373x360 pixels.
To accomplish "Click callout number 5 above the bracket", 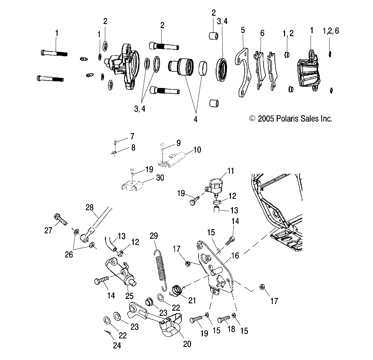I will click(x=243, y=30).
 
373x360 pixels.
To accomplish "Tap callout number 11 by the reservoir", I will click(x=230, y=171).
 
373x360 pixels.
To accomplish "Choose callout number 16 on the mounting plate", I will click(x=235, y=256).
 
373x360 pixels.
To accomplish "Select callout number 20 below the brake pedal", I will click(x=187, y=344).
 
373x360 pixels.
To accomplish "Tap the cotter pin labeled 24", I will click(x=108, y=333).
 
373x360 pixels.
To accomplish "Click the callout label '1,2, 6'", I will click(x=330, y=31).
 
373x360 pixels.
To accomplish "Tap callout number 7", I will click(x=132, y=137).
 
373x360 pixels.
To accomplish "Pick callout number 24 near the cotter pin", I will click(x=117, y=346).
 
